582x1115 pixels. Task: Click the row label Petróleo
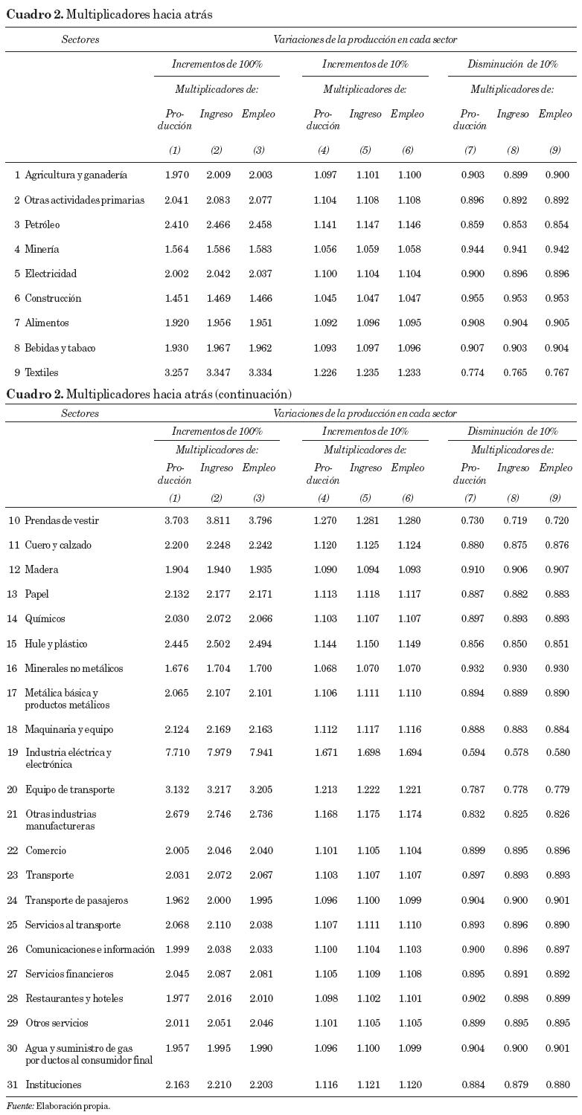click(x=42, y=224)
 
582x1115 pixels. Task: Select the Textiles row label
click(x=41, y=372)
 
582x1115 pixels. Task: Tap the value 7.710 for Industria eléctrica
click(x=177, y=752)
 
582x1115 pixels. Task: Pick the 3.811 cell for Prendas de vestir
click(x=219, y=520)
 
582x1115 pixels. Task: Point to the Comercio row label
click(x=45, y=850)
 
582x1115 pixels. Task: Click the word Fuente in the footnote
click(x=19, y=1106)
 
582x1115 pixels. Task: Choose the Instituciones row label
click(x=54, y=1085)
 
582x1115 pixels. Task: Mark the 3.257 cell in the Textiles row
click(x=177, y=372)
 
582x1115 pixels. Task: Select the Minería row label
click(x=42, y=249)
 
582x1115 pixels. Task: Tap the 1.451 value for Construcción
click(x=177, y=298)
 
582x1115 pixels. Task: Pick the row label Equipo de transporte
click(x=70, y=789)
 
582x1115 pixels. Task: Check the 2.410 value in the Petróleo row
click(x=177, y=224)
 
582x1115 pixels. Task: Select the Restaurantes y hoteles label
click(x=74, y=998)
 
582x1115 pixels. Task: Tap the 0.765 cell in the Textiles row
click(x=514, y=372)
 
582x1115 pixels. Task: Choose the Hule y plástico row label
click(x=56, y=644)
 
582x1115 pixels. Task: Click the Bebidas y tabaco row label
click(x=60, y=348)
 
